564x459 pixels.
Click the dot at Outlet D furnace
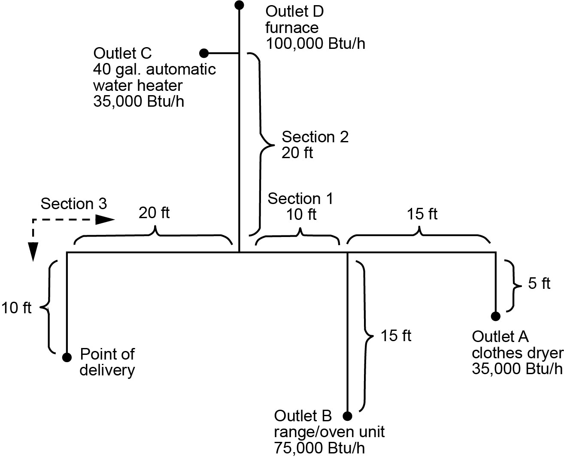(240, 5)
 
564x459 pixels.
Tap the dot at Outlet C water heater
(204, 53)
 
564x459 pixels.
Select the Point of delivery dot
(67, 357)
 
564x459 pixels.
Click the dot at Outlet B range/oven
(348, 415)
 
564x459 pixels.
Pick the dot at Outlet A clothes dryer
(496, 316)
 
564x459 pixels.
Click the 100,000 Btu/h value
(315, 44)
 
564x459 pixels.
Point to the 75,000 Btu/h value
(319, 448)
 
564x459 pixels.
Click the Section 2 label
(315, 137)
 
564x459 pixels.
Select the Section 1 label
(300, 199)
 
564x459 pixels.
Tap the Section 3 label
(73, 204)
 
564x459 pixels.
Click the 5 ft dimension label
(539, 283)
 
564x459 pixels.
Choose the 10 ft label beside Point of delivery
(16, 308)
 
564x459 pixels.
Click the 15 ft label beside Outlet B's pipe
(396, 336)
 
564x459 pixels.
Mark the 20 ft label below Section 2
(297, 153)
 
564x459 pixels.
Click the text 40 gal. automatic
(155, 69)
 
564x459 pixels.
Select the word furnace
(292, 28)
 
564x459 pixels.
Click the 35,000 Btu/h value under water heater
(139, 102)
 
